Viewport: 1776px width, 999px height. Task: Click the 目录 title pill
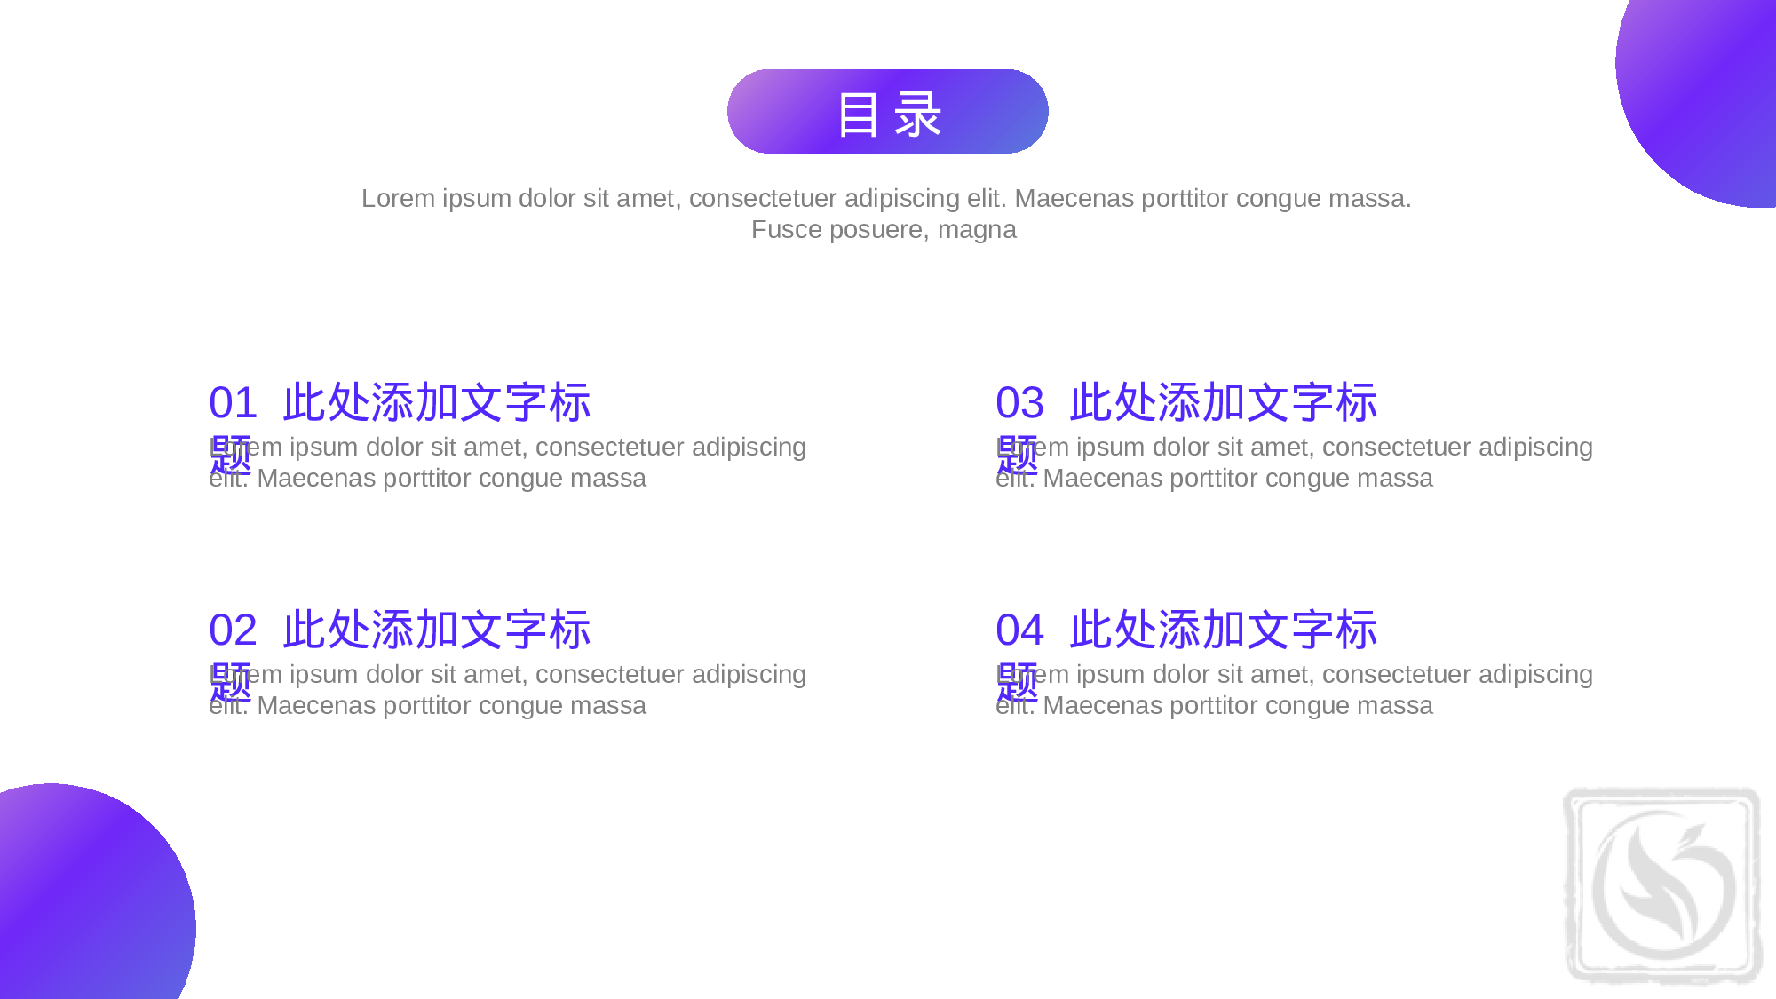pos(887,112)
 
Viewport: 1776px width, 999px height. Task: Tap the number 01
pos(233,403)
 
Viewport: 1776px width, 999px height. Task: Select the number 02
pos(233,630)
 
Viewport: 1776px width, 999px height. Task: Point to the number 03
pos(1019,403)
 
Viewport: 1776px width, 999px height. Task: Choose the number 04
pos(1019,630)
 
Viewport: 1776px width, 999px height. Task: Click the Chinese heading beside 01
pos(436,403)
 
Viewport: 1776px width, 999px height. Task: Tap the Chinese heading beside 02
pos(436,630)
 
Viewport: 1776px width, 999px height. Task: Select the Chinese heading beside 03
pos(1223,403)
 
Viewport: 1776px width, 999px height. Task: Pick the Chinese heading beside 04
pos(1223,630)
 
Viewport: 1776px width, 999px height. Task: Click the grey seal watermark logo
pos(1662,885)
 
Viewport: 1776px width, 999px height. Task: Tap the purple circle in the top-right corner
pos(1705,89)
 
